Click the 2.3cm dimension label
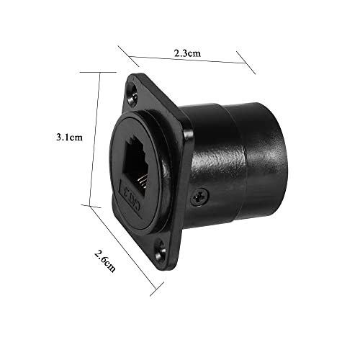pyautogui.click(x=188, y=53)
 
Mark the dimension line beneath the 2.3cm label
pyautogui.click(x=188, y=61)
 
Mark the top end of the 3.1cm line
pyautogui.click(x=98, y=71)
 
